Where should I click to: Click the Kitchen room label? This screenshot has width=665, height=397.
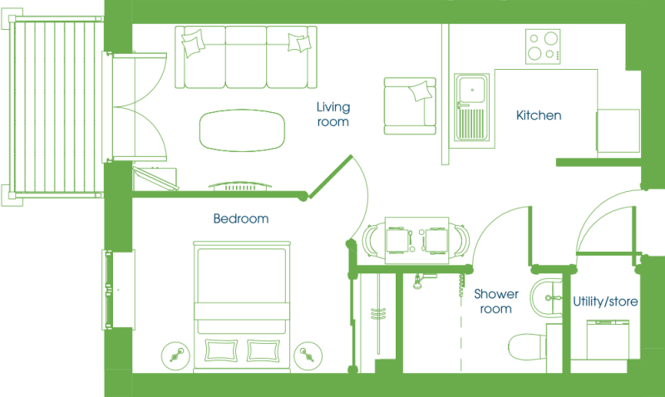pos(539,115)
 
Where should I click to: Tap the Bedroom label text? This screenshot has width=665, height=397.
pos(241,218)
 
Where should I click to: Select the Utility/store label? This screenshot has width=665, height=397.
pos(605,301)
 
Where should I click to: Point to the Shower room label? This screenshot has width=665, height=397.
pos(496,301)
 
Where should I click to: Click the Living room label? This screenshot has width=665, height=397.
pos(333,114)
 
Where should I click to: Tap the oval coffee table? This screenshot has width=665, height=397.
pos(242,130)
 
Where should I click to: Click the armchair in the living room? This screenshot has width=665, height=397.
pos(410,106)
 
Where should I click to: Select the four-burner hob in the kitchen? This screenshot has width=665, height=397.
pos(543,47)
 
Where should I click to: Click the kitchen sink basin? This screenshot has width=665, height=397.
pos(472,90)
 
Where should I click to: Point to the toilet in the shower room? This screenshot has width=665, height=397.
pos(528,346)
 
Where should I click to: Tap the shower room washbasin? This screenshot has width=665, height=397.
pos(546,298)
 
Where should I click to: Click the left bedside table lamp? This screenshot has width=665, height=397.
pos(175,355)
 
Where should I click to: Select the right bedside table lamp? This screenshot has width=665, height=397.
pos(308,355)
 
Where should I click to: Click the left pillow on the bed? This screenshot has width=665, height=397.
pos(220,350)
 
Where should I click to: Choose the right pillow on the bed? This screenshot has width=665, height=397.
pos(263,350)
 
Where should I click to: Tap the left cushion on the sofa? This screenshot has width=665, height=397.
pos(193,43)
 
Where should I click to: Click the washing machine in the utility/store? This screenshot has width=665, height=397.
pos(608,341)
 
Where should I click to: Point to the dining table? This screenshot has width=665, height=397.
pos(417,240)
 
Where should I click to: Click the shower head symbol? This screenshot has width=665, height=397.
pos(418,282)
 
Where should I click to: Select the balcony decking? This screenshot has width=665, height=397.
pos(56,106)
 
